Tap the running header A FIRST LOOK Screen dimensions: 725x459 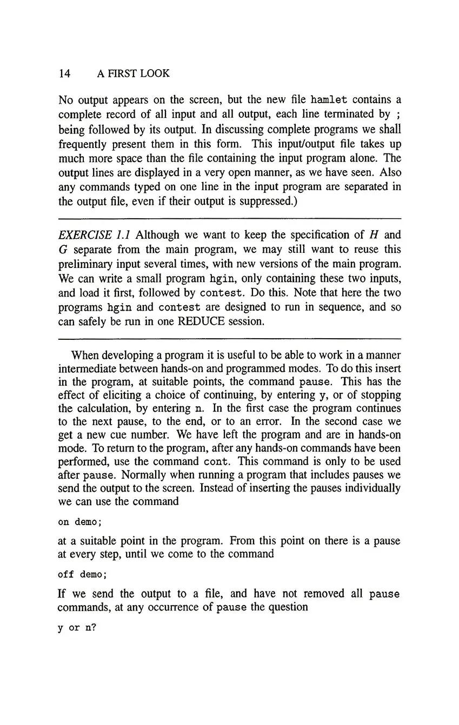(x=133, y=73)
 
